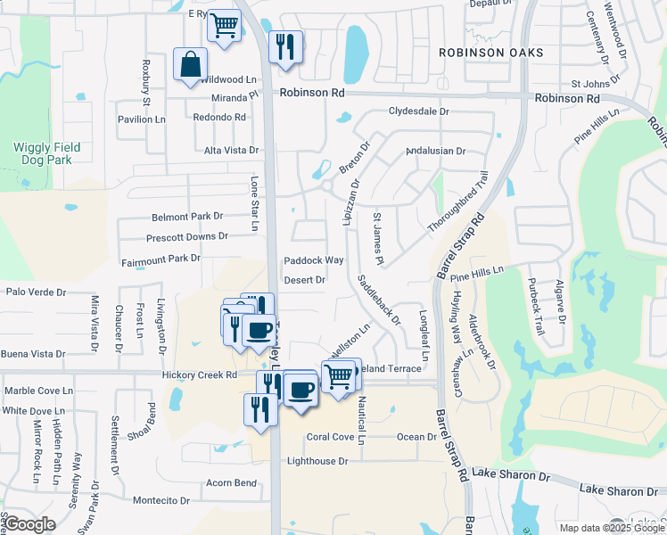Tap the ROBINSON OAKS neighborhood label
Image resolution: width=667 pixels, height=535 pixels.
(491, 53)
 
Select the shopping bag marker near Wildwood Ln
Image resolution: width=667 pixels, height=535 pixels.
(190, 65)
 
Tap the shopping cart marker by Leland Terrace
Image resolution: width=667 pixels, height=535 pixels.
(339, 376)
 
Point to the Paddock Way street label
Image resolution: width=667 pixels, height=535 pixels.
(314, 260)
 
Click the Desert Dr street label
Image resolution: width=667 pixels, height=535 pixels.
(303, 280)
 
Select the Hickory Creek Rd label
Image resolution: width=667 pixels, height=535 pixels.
(199, 375)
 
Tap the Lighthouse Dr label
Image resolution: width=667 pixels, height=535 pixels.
(317, 461)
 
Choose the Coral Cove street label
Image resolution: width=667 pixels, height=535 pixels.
(330, 437)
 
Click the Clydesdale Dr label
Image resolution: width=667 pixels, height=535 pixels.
(418, 111)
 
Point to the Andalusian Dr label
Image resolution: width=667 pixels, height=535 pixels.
(435, 152)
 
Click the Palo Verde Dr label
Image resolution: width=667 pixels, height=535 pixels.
(37, 292)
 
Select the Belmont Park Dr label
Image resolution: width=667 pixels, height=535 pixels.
(187, 217)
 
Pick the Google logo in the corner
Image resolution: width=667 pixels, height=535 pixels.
(29, 524)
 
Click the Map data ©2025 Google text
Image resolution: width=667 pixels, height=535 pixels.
(612, 528)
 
